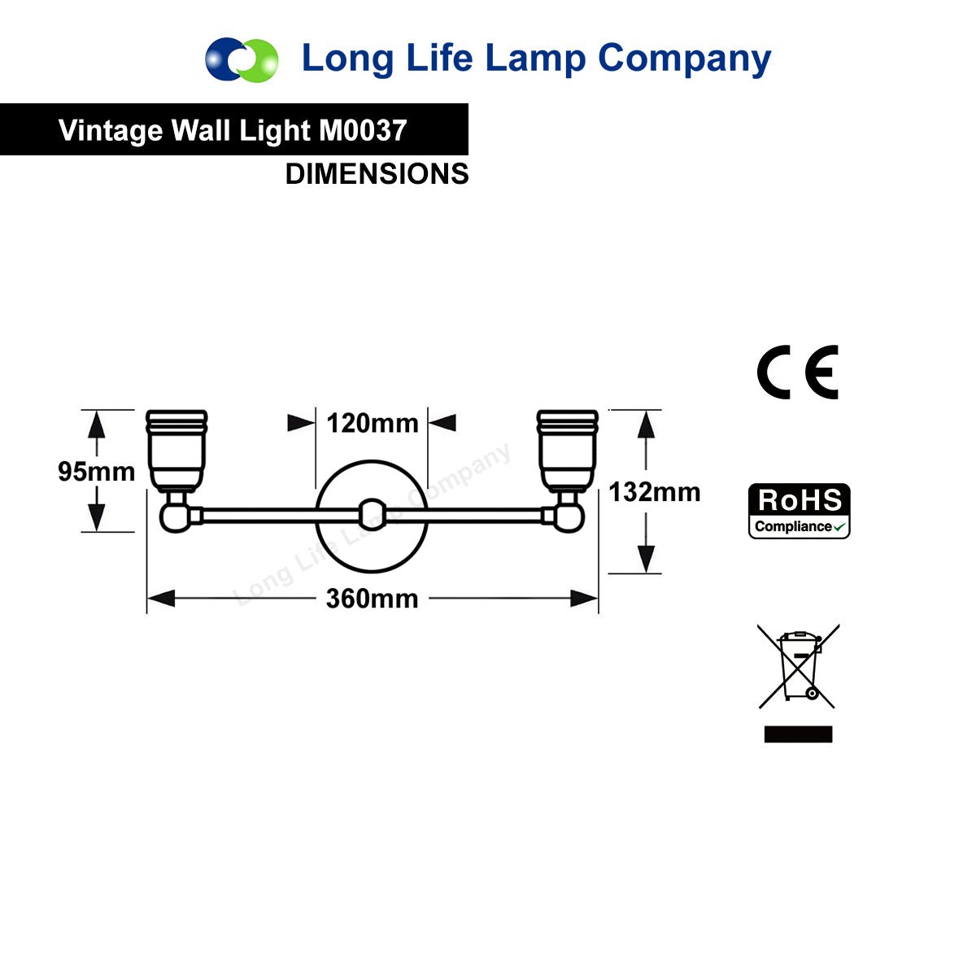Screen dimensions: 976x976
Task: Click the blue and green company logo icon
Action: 242,59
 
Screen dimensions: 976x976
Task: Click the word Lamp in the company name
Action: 536,59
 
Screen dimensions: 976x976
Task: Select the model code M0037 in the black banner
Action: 363,130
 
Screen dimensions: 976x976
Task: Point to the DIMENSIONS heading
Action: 377,174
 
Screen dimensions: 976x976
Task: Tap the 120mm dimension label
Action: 373,423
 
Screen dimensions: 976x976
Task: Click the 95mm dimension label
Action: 96,472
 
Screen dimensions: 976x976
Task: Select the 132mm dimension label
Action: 655,492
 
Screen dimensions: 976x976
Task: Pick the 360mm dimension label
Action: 373,598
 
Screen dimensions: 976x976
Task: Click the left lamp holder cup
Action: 176,451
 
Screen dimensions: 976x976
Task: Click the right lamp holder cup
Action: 567,451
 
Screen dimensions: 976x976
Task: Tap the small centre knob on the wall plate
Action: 373,516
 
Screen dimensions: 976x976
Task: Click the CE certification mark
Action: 797,373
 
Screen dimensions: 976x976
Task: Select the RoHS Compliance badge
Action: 799,511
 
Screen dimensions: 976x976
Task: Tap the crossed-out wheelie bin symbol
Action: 798,666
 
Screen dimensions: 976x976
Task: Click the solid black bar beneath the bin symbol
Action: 798,734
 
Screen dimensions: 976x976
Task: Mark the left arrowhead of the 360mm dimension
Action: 161,598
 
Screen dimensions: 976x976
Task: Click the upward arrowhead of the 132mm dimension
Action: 646,425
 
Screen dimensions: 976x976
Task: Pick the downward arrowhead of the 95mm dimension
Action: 96,517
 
